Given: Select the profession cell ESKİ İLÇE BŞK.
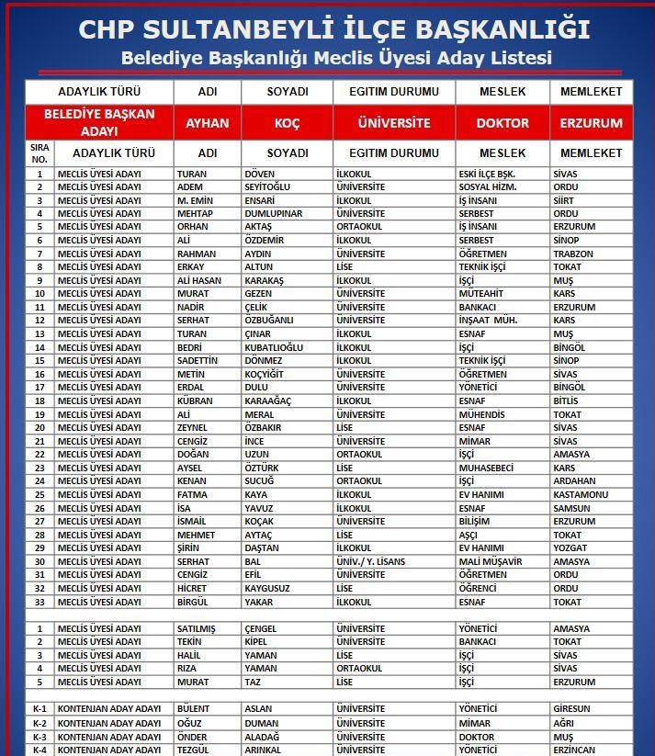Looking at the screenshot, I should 487,174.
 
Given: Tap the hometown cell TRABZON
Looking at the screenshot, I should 573,254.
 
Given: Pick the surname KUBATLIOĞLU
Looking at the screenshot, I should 274,348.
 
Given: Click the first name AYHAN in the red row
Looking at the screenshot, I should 208,123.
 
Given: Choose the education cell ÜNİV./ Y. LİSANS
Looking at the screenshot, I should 370,561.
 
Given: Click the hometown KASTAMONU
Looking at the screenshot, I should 581,495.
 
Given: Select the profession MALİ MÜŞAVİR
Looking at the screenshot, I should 491,561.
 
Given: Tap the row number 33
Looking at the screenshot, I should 40,603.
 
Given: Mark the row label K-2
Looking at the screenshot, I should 40,723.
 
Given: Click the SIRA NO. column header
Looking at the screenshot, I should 40,152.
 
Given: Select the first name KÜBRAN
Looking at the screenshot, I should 195,401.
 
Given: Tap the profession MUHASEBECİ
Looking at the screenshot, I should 486,468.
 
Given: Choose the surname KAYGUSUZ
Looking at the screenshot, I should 267,589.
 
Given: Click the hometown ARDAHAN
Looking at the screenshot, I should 574,481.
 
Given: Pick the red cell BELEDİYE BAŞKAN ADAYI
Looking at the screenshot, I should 99,123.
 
